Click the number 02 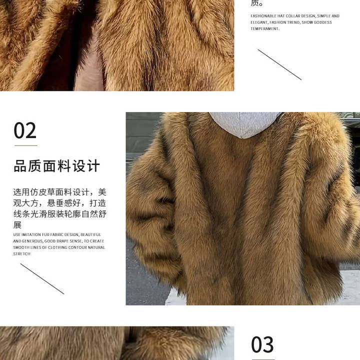(x=25, y=131)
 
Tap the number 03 (x=262, y=345)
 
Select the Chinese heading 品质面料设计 (x=57, y=166)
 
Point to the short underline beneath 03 (x=262, y=359)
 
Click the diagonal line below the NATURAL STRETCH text (x=42, y=278)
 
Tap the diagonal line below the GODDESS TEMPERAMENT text (x=279, y=64)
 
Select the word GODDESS (x=323, y=22)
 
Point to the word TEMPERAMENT (x=264, y=29)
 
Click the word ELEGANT (x=259, y=22)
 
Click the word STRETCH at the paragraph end (x=22, y=254)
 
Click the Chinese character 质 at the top (x=255, y=3)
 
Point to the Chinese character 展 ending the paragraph (x=17, y=225)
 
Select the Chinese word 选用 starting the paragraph (x=22, y=192)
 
